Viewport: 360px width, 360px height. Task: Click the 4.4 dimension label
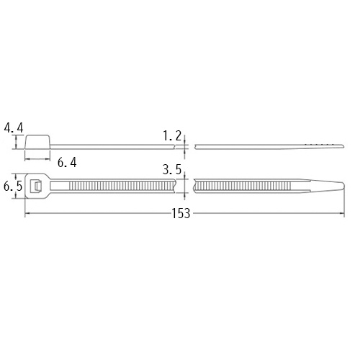click(x=14, y=128)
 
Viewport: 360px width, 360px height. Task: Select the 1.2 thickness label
click(x=172, y=135)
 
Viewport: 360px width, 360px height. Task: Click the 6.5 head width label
click(x=12, y=186)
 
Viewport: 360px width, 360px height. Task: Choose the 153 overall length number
click(x=181, y=215)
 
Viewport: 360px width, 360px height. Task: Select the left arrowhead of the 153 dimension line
click(x=28, y=214)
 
